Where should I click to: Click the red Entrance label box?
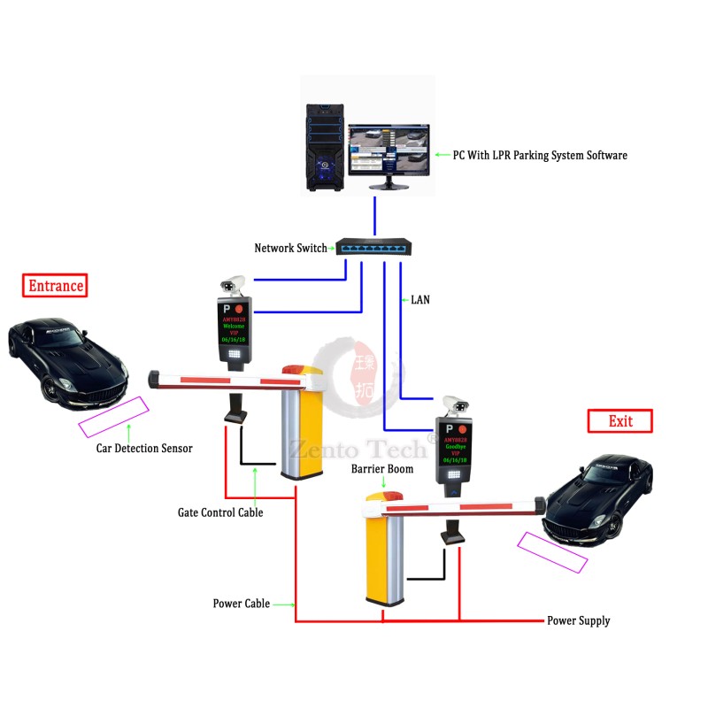[x=56, y=285]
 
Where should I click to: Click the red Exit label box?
[x=619, y=420]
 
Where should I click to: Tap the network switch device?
[x=372, y=248]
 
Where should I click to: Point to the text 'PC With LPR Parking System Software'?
[x=540, y=155]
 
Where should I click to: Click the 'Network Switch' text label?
[x=290, y=248]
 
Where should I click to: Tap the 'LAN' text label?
[x=420, y=300]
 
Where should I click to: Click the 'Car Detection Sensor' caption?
[x=144, y=448]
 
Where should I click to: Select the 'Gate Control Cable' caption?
[x=220, y=512]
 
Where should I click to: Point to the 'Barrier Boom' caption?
[x=382, y=468]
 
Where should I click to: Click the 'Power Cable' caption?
[x=241, y=604]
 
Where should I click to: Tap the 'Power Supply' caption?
[x=578, y=620]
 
